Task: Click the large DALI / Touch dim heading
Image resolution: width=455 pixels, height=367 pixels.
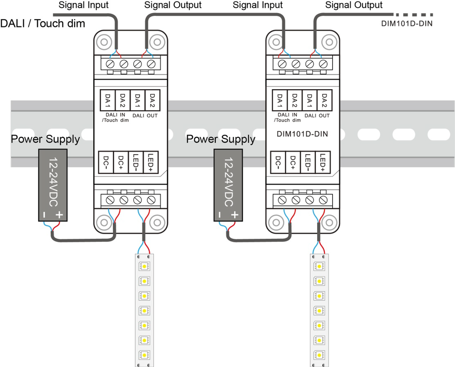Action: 43,23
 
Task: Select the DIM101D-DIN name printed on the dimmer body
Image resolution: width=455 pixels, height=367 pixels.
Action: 302,134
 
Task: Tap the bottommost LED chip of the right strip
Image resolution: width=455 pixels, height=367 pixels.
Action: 319,355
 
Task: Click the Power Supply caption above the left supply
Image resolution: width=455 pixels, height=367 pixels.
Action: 45,139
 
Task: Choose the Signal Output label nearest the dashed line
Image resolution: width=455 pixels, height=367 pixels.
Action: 354,5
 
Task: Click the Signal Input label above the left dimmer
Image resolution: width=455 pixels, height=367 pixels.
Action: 84,5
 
